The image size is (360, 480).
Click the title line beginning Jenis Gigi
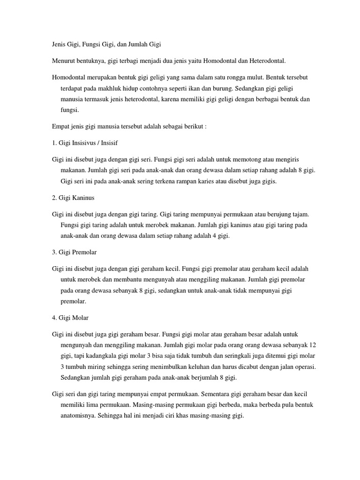(106, 45)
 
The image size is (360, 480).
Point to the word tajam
(299, 214)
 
